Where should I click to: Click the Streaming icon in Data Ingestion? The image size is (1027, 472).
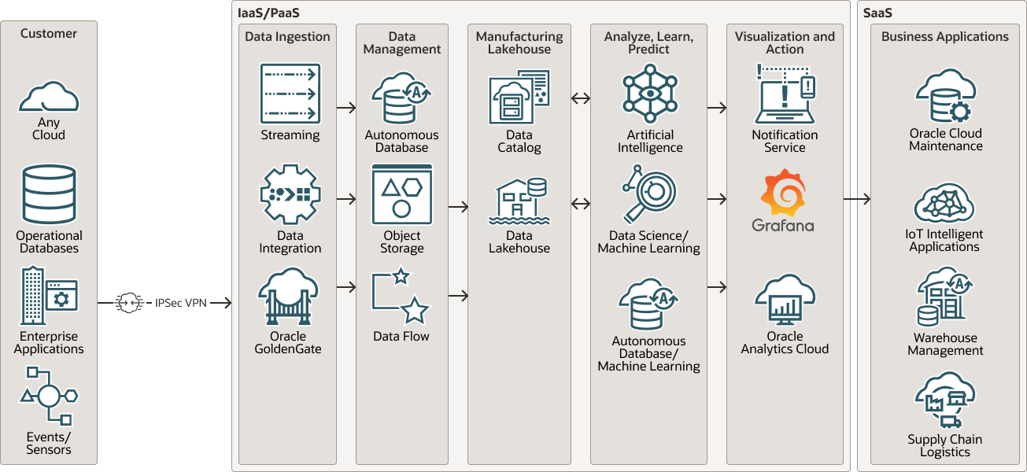point(290,94)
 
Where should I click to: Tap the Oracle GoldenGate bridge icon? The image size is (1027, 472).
point(287,297)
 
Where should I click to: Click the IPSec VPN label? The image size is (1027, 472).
point(180,303)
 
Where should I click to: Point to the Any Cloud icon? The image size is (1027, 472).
point(49,97)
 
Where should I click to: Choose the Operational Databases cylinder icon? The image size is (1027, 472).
point(49,194)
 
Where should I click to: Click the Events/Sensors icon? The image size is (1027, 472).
point(49,396)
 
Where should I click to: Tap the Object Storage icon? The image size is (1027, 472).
point(402,194)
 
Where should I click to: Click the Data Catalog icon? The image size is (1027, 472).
point(519,98)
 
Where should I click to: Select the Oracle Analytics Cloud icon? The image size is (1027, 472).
point(785,300)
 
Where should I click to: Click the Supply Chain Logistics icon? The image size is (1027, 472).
point(945,400)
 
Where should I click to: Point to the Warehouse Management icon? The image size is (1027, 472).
point(945,298)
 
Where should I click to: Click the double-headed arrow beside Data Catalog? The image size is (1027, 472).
point(581,98)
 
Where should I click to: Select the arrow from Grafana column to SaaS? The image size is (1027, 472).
point(856,200)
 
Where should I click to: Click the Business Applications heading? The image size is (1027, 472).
point(944,37)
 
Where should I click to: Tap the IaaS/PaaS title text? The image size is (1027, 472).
point(268,13)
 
